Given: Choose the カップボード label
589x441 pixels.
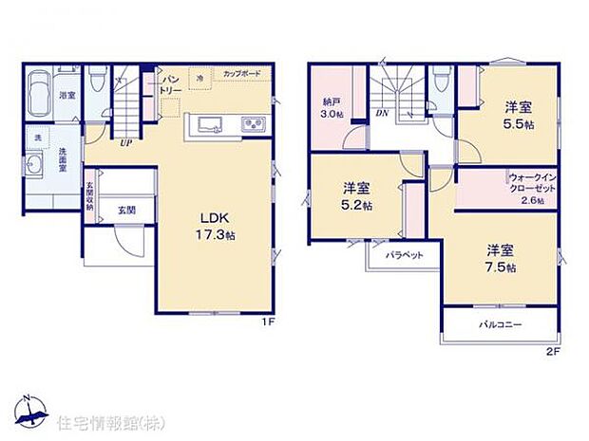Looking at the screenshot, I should click(x=241, y=74).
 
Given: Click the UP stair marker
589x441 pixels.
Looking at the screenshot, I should click(x=124, y=144).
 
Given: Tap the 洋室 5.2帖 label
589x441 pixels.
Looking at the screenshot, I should click(x=358, y=197).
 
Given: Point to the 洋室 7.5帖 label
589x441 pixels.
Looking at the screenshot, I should click(x=502, y=259).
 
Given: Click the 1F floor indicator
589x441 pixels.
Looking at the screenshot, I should click(x=268, y=322).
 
